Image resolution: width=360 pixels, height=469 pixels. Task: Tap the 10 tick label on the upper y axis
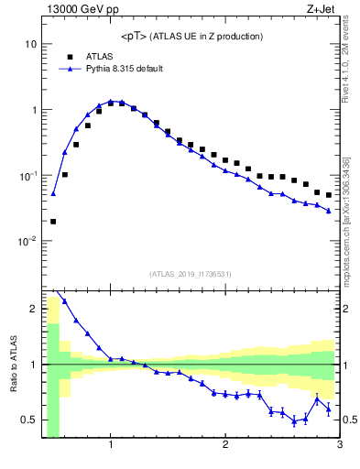pyautogui.click(x=30, y=44)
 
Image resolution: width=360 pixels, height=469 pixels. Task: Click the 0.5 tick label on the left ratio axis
pyautogui.click(x=28, y=420)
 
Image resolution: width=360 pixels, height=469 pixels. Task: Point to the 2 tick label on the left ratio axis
pyautogui.click(x=33, y=309)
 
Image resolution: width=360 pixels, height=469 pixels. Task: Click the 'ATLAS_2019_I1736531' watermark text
pyautogui.click(x=191, y=274)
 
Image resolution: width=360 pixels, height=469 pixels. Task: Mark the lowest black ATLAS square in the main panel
pyautogui.click(x=53, y=221)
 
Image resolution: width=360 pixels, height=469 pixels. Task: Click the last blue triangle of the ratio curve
pyautogui.click(x=329, y=409)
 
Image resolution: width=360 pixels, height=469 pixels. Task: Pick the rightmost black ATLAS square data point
pyautogui.click(x=329, y=195)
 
